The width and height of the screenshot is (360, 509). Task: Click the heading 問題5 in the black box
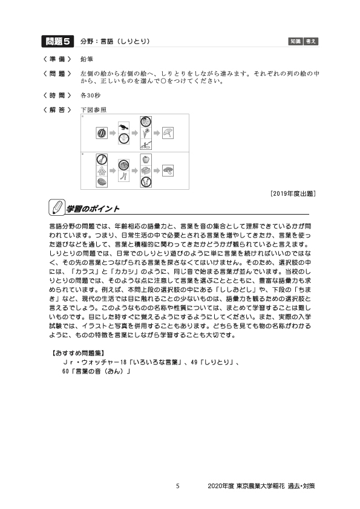pos(58,41)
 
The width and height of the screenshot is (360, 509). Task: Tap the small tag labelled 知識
pos(296,41)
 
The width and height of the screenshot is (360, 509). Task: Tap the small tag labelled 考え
pos(311,41)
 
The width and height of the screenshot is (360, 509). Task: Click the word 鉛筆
pos(87,59)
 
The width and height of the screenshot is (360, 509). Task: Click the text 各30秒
pos(91,96)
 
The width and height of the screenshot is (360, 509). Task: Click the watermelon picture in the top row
pos(101,133)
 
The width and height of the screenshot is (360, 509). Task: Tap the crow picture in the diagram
pos(124,127)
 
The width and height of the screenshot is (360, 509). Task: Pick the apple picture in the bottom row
pos(145,160)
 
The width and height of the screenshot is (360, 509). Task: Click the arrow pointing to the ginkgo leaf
pos(156,133)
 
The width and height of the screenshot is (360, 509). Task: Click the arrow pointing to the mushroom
pos(156,171)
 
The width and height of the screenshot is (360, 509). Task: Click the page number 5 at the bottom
pos(177,485)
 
